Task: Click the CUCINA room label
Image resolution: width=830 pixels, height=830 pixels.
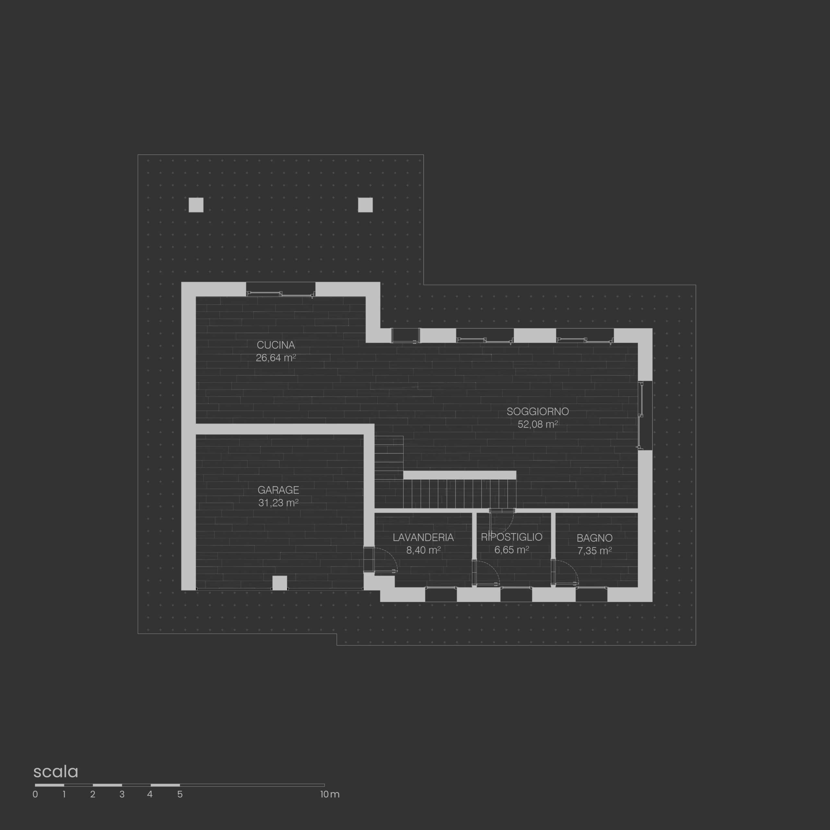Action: tap(276, 345)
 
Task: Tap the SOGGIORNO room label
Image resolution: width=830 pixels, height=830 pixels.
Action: tap(538, 411)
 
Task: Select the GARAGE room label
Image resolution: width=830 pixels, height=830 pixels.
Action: tap(279, 490)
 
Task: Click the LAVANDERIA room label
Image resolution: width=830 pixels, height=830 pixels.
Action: tap(423, 538)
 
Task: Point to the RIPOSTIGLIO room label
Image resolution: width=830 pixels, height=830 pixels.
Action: tap(512, 537)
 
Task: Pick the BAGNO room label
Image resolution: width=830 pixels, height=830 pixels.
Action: tap(595, 538)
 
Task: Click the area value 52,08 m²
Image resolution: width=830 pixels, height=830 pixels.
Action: tap(538, 424)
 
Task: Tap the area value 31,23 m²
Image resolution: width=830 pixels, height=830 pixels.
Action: tap(279, 503)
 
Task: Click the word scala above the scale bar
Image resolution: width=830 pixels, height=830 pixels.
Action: tap(56, 772)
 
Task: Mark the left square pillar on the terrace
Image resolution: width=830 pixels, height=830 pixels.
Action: tap(196, 205)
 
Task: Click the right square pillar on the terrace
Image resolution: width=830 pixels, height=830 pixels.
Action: tap(365, 205)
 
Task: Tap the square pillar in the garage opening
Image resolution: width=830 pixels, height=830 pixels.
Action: tap(280, 583)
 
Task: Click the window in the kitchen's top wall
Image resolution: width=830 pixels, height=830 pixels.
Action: tap(280, 289)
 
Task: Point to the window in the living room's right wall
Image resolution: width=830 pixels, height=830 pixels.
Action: tap(645, 415)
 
